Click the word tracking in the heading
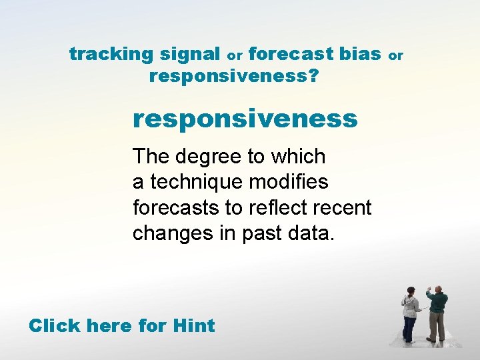[110, 54]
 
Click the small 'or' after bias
[396, 56]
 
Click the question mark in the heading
[313, 76]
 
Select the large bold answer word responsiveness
[245, 119]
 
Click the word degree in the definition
[206, 157]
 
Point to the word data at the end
[314, 233]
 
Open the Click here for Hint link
[121, 326]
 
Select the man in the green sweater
[437, 313]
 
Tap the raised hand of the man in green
[429, 289]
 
